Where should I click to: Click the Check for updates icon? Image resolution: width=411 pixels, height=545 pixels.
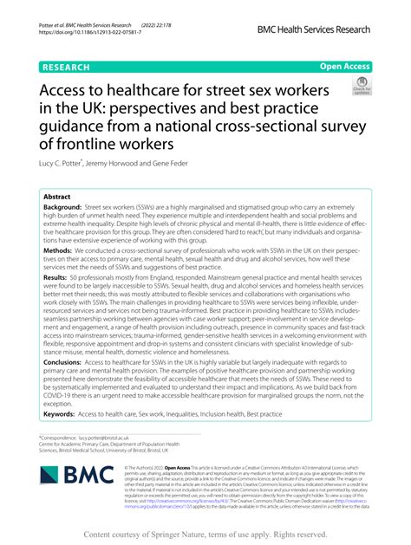pos(360,86)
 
